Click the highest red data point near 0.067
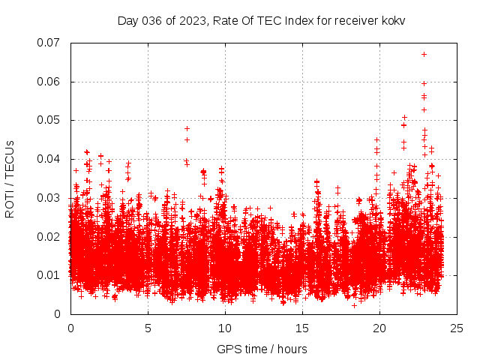424,54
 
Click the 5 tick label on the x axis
148,328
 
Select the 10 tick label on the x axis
225,328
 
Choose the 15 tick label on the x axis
302,328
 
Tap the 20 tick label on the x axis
379,328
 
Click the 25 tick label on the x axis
457,328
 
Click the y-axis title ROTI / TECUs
10,178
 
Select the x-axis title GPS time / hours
262,349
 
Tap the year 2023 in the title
190,20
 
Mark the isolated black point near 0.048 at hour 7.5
187,128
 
